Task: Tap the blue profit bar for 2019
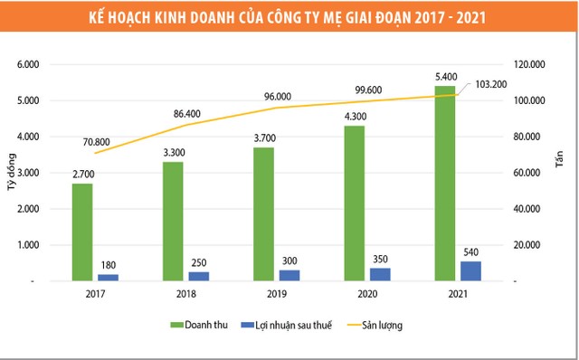(289, 275)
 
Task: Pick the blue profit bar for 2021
(470, 270)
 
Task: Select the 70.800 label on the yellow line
(95, 141)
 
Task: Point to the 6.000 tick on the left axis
(30, 65)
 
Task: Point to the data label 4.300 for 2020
(354, 117)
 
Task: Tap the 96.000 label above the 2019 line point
(277, 96)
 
